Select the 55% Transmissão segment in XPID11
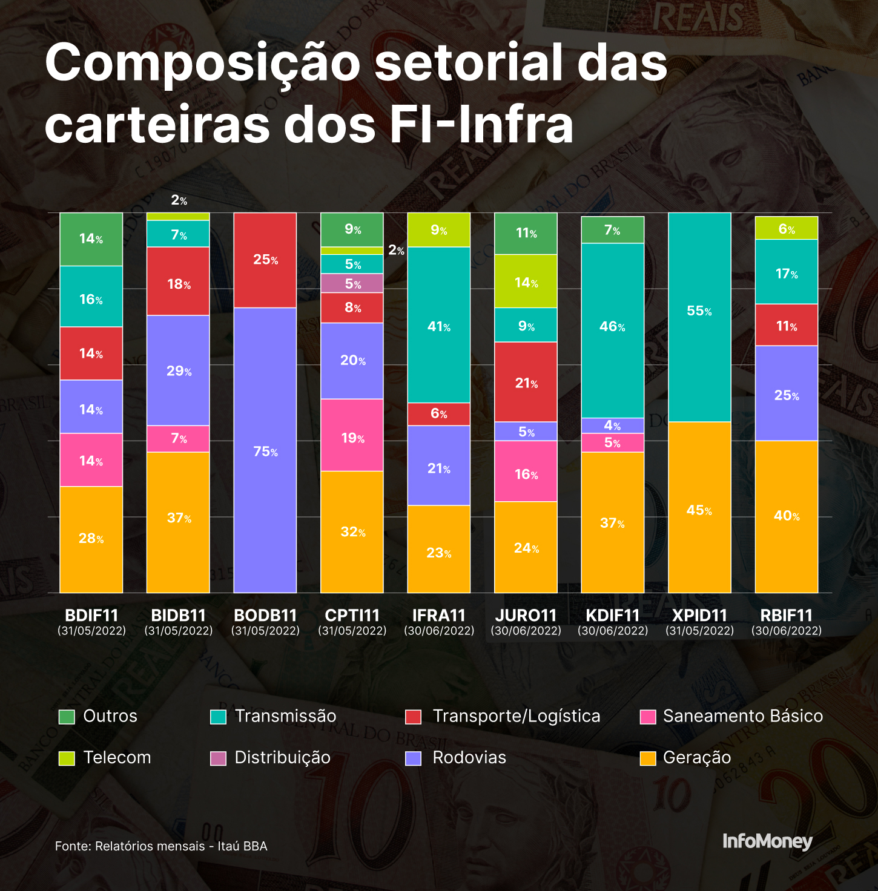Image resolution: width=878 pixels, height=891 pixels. pos(699,317)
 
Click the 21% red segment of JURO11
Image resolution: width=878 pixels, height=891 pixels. pos(526,382)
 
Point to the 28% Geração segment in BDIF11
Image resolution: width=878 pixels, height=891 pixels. pos(91,539)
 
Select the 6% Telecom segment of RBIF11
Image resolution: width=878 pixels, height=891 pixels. pos(786,228)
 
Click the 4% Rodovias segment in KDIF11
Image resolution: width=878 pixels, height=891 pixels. pos(612,426)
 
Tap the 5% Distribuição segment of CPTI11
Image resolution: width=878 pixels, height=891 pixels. pos(352,283)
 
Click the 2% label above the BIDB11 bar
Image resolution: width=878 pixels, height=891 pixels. pos(179,200)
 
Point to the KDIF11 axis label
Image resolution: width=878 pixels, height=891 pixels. pos(612,616)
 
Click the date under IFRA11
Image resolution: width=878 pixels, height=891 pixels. pos(438,631)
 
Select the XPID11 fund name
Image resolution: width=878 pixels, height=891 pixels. pos(699,616)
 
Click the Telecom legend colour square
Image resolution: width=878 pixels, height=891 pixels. pos(67,758)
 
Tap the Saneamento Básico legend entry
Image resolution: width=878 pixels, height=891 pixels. pos(731,716)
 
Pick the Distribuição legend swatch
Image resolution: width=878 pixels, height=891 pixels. pos(218,758)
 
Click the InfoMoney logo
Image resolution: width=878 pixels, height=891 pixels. pos(767,841)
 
